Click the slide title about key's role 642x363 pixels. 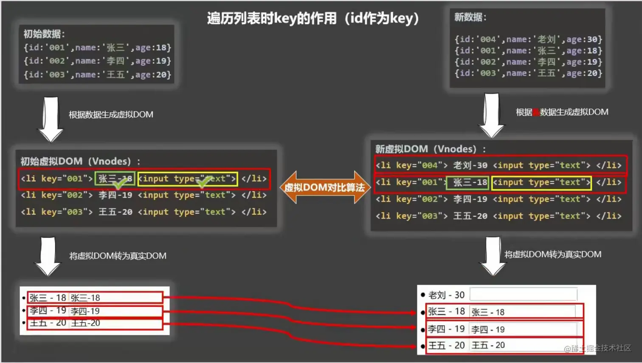tap(313, 18)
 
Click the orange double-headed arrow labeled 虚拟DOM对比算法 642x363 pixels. tap(324, 187)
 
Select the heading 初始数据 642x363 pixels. tap(44, 34)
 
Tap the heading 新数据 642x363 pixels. tap(470, 17)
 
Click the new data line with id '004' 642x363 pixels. tap(528, 40)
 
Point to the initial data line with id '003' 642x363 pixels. tap(97, 75)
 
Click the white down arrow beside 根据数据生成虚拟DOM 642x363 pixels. tap(51, 119)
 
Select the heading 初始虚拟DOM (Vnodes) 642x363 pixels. tap(80, 162)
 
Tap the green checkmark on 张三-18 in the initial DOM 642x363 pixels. tap(120, 183)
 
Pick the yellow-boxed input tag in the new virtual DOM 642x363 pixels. tap(541, 183)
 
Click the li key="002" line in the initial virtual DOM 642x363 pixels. tap(144, 195)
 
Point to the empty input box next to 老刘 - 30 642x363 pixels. tap(523, 294)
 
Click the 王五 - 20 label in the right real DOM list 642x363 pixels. tap(446, 345)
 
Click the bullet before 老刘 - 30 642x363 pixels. tap(422, 295)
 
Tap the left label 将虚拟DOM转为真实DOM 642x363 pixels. tap(118, 256)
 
